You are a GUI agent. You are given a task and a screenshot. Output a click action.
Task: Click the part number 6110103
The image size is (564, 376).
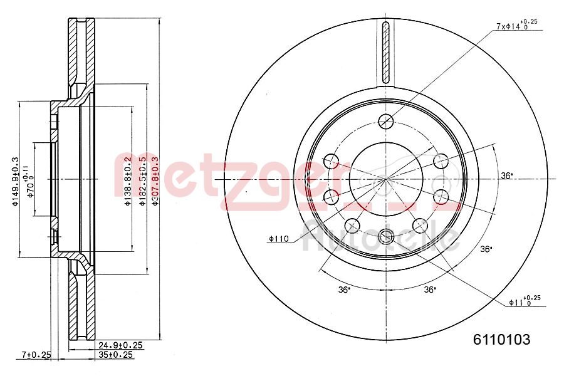(501, 340)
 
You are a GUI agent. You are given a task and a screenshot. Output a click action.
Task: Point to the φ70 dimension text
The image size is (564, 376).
(29, 184)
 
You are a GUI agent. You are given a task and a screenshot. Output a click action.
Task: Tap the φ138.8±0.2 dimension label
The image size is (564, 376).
(127, 182)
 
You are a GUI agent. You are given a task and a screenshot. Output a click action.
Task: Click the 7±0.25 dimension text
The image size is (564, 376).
(35, 355)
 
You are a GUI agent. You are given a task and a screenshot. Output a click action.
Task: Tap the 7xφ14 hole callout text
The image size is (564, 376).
(516, 26)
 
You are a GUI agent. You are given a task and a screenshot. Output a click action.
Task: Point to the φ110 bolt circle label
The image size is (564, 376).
(278, 238)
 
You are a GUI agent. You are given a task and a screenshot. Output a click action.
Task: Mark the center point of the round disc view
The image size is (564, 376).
(386, 179)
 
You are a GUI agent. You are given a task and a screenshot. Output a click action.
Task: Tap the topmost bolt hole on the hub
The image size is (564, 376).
(386, 120)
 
